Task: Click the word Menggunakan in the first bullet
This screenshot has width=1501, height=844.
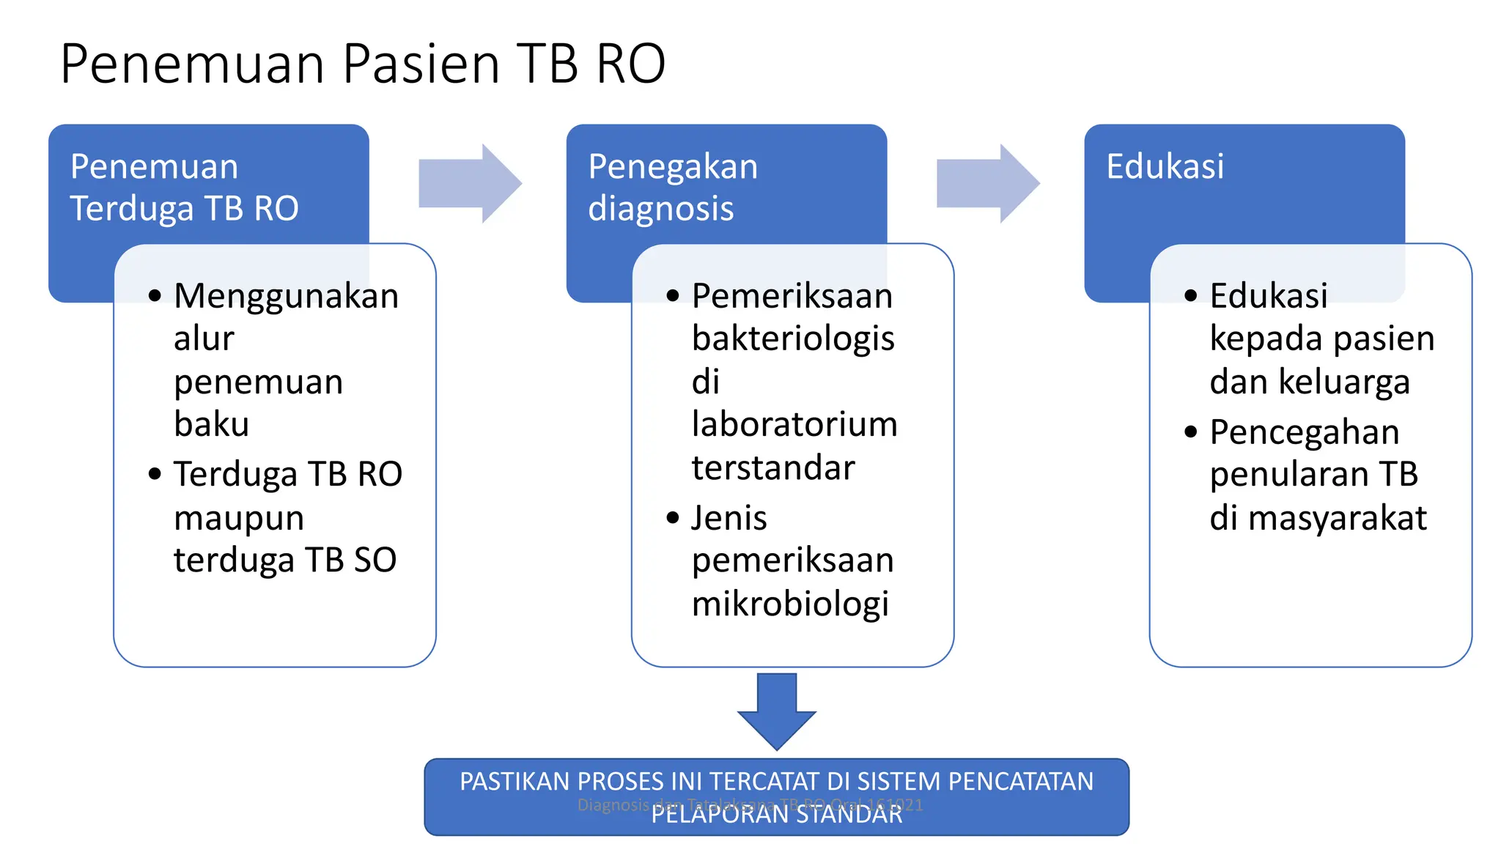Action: point(286,297)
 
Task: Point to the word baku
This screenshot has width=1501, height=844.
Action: point(211,425)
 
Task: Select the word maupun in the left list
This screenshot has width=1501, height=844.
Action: point(238,519)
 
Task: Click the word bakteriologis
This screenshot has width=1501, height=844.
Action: point(793,339)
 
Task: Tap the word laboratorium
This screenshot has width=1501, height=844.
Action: point(794,425)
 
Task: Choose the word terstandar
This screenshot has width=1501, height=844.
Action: point(773,468)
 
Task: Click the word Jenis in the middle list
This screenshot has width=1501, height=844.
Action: point(729,519)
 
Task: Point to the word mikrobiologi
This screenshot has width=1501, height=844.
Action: point(790,604)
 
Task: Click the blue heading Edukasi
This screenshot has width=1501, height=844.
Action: point(1165,166)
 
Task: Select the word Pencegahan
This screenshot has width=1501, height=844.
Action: point(1305,432)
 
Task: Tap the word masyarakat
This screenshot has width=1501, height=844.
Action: point(1337,519)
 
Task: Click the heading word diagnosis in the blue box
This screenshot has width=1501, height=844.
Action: point(660,209)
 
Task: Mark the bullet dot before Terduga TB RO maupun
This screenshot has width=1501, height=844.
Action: point(155,475)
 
